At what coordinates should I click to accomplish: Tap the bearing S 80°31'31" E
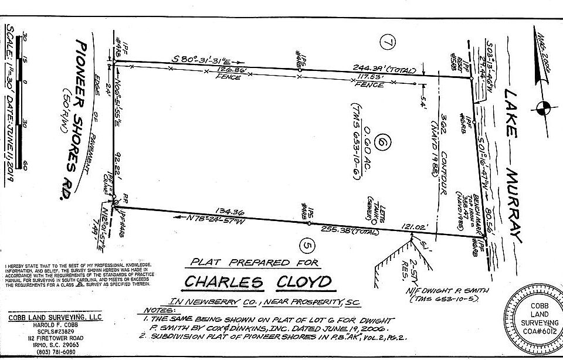(x=204, y=60)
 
